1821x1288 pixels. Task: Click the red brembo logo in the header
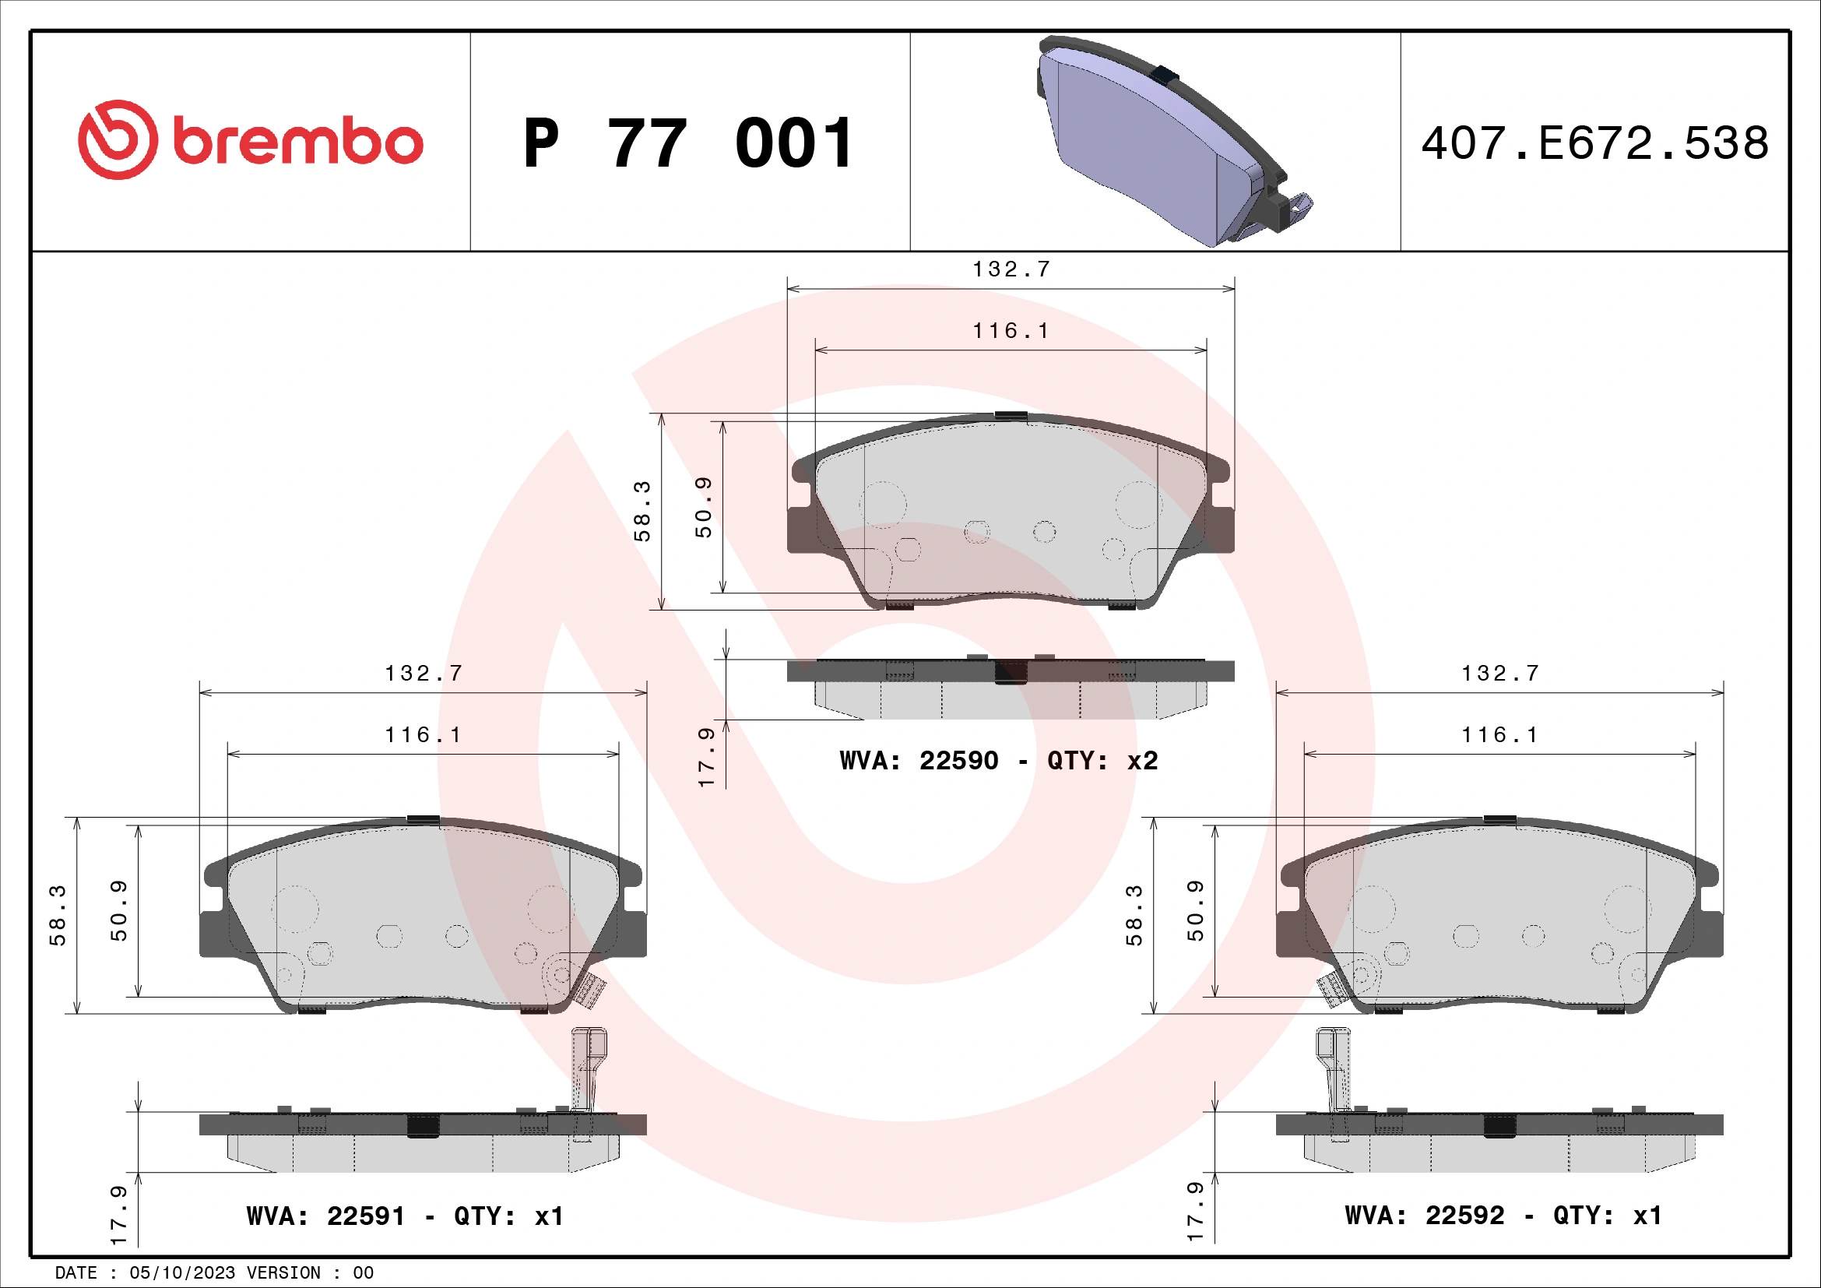(250, 140)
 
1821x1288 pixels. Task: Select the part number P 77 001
(688, 143)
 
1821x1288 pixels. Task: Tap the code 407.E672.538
(1594, 143)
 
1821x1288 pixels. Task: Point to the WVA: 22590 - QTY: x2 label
(999, 761)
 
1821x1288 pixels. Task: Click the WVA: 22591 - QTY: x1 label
(405, 1216)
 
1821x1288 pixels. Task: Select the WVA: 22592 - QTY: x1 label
(1503, 1215)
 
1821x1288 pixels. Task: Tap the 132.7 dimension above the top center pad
(1011, 269)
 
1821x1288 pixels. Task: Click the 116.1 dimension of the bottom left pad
(423, 735)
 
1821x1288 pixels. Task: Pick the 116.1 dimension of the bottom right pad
(1499, 735)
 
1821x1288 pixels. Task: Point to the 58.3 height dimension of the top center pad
(642, 512)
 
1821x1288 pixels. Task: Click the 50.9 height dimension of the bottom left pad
(118, 910)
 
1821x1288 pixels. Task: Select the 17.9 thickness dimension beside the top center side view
(706, 757)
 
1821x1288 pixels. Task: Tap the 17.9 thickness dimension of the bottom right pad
(1194, 1211)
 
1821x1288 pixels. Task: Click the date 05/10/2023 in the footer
(182, 1273)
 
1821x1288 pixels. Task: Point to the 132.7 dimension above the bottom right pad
(1499, 674)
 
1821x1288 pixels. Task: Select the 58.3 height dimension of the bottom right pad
(1134, 915)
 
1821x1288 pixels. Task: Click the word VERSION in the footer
(283, 1273)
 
